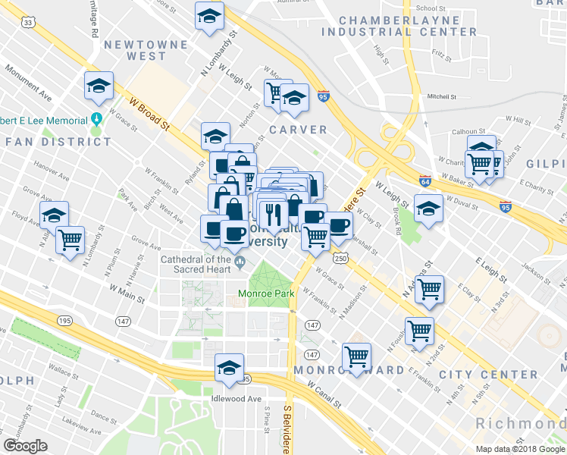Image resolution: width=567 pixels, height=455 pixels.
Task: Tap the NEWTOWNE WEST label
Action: click(136, 51)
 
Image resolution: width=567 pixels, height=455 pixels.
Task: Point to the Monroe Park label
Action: click(265, 293)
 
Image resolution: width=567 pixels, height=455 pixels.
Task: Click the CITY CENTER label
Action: click(488, 375)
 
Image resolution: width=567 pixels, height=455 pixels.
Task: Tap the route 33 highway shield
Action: click(29, 24)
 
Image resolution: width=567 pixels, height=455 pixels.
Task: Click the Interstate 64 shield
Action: click(426, 182)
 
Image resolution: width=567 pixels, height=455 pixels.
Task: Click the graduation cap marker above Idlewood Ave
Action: click(229, 367)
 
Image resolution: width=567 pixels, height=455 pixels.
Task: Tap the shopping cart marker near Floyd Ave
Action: click(70, 240)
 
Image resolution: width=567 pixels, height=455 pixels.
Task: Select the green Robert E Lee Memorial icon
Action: click(96, 119)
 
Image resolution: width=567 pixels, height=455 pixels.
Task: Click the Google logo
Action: click(25, 446)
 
